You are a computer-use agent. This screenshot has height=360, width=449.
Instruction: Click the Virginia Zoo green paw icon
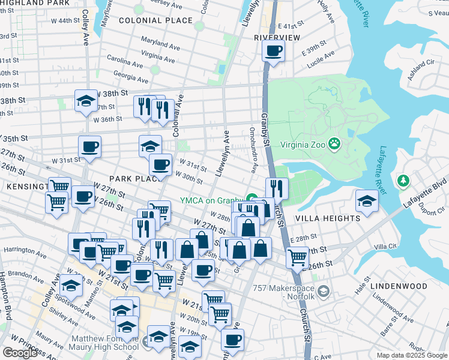point(334,144)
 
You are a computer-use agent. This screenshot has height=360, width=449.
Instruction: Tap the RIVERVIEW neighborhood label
point(277,37)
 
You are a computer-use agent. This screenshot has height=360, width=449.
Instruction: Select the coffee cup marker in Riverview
point(273,50)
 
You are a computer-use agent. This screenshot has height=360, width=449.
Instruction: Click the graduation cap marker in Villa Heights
point(367,201)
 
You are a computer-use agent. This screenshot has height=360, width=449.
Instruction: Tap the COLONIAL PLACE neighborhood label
point(156,20)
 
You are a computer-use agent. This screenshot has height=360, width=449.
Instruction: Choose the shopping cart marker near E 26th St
point(297,257)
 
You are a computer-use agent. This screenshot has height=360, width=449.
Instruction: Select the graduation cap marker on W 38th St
point(86,101)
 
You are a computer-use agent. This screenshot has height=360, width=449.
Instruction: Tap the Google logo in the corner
point(20,353)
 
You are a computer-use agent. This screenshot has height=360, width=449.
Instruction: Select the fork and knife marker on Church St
point(277,188)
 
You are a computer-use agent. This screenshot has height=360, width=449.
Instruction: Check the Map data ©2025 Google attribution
point(412,355)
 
